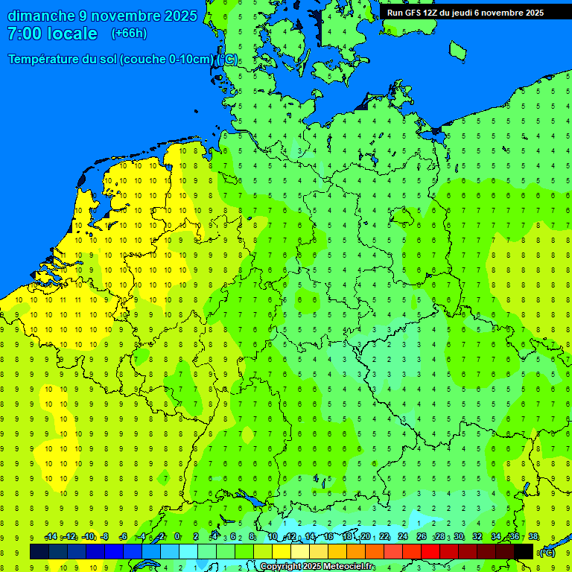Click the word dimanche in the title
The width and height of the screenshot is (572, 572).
40,16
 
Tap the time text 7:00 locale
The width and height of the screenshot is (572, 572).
52,34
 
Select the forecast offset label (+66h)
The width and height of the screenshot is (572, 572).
129,34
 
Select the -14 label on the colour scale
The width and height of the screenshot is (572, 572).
51,537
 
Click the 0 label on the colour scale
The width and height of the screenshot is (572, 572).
177,537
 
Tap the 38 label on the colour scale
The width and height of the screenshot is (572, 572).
533,537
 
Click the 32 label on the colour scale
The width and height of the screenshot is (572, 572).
477,537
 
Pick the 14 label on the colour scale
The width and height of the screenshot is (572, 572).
310,537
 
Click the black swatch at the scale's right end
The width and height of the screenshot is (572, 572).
524,551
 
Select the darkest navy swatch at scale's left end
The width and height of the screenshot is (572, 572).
39,551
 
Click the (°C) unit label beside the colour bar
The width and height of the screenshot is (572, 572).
547,553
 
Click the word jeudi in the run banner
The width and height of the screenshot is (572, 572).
462,13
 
